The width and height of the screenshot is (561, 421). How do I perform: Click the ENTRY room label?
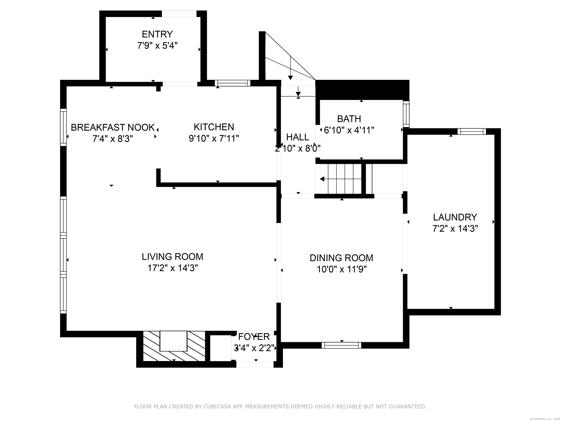point(157,34)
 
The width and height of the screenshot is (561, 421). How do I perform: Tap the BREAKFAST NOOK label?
point(113,127)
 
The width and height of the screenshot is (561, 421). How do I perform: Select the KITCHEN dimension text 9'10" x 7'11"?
point(214,139)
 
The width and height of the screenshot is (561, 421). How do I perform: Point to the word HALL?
point(297,137)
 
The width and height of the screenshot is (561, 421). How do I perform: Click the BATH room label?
point(349,119)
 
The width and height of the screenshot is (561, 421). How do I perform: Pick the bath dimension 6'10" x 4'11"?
point(349,130)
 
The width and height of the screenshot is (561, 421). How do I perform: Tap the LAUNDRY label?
point(455,217)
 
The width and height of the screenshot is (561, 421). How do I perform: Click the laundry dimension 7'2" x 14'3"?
point(455,229)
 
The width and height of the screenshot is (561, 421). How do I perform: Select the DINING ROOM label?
point(341,258)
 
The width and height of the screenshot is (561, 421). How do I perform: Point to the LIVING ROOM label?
point(172,257)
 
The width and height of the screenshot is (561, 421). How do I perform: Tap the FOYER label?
point(254,337)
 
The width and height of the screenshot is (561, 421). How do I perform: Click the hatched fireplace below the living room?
point(174,346)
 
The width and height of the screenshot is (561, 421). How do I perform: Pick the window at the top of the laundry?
point(472,131)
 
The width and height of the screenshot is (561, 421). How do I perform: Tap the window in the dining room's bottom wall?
point(341,345)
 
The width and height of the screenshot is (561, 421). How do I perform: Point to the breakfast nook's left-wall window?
point(63,127)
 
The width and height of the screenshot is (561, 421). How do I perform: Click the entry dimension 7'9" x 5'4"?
point(157,46)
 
